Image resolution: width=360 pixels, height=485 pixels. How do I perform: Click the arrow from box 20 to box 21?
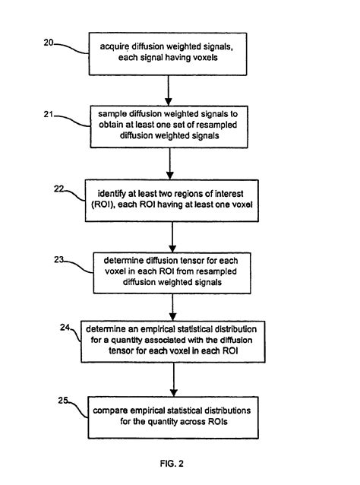click(x=170, y=87)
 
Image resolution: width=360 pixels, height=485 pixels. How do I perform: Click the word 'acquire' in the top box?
click(x=115, y=48)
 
